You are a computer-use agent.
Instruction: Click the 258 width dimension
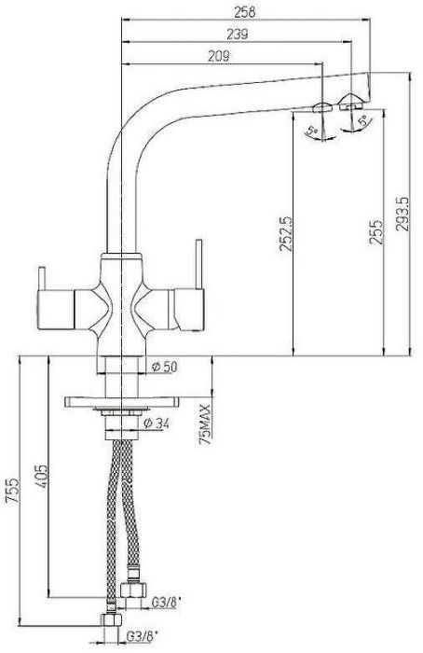244,11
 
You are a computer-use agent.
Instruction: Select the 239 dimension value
237,35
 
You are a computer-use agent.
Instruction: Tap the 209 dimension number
219,56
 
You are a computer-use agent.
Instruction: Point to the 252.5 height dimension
286,233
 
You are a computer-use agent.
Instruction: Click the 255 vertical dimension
376,232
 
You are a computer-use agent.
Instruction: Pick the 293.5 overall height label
403,214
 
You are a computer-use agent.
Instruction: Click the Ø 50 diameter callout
165,367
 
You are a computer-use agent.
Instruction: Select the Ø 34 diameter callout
157,424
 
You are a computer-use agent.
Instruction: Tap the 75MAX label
206,424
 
